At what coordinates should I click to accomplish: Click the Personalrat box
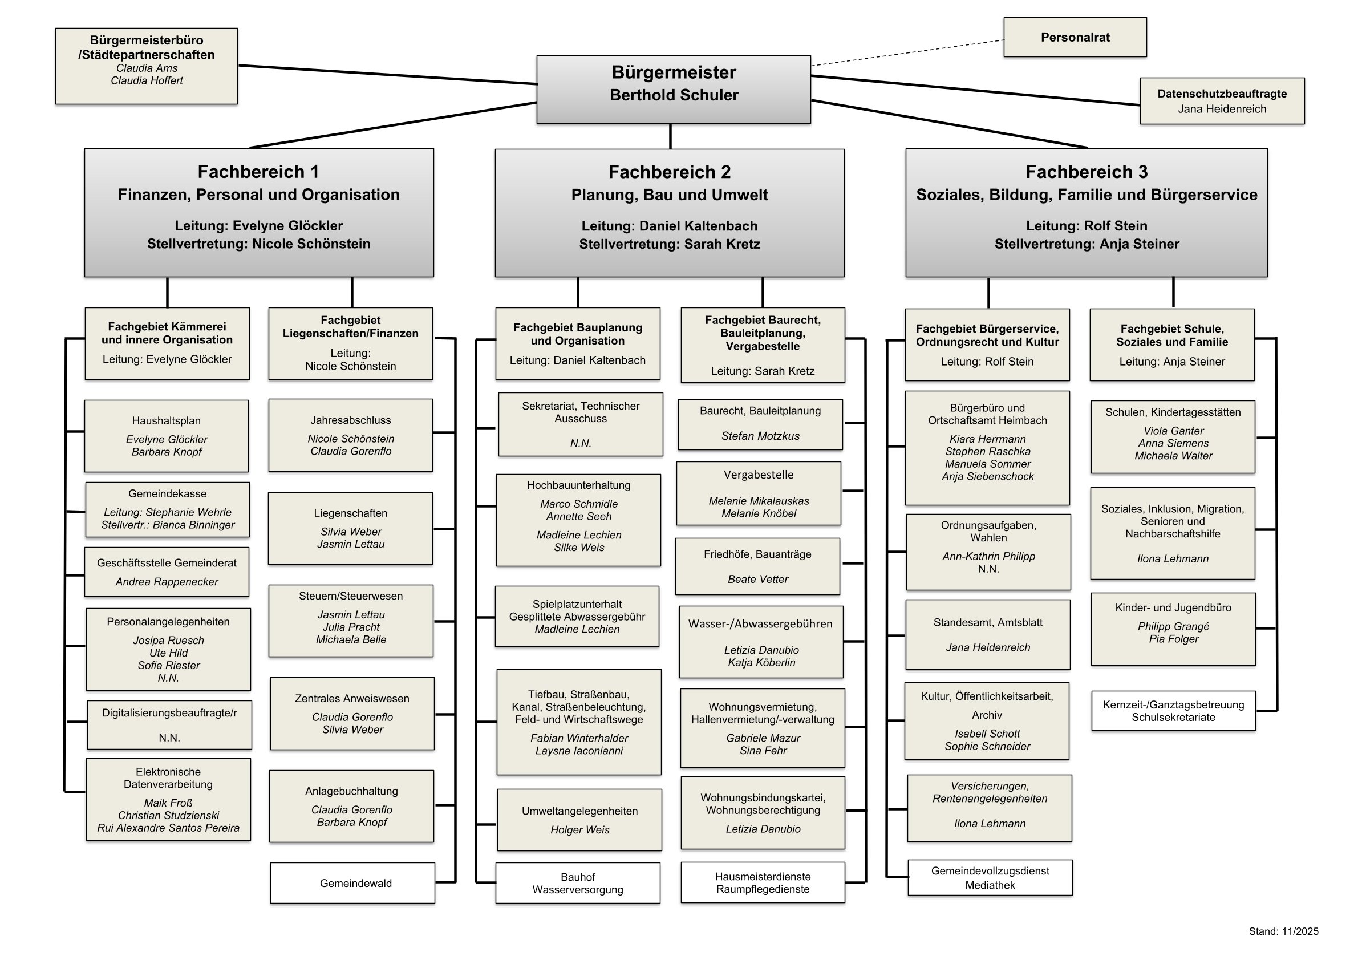pyautogui.click(x=1075, y=37)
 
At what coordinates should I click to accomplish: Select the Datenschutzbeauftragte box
pyautogui.click(x=1222, y=101)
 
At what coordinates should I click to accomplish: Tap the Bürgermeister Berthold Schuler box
pyautogui.click(x=673, y=90)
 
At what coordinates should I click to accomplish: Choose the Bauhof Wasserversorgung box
pyautogui.click(x=577, y=883)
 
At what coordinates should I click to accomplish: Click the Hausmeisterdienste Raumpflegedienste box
pyautogui.click(x=763, y=882)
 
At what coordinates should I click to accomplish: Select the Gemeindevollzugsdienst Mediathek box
pyautogui.click(x=990, y=878)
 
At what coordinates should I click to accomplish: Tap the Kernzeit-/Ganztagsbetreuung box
pyautogui.click(x=1173, y=711)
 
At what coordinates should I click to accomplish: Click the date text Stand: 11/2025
pyautogui.click(x=1283, y=931)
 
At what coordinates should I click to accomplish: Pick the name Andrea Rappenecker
pyautogui.click(x=167, y=582)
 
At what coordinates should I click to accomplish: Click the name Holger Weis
pyautogui.click(x=579, y=830)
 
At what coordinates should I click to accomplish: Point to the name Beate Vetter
pyautogui.click(x=757, y=580)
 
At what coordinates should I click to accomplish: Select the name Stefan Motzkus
pyautogui.click(x=760, y=436)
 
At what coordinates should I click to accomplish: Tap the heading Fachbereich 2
pyautogui.click(x=670, y=172)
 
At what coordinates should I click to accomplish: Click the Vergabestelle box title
pyautogui.click(x=758, y=475)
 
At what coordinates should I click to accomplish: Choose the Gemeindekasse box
pyautogui.click(x=167, y=510)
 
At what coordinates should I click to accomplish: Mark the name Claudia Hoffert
pyautogui.click(x=147, y=80)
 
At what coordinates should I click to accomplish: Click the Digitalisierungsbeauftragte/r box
pyautogui.click(x=169, y=725)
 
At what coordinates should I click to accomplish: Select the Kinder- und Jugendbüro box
pyautogui.click(x=1173, y=629)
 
